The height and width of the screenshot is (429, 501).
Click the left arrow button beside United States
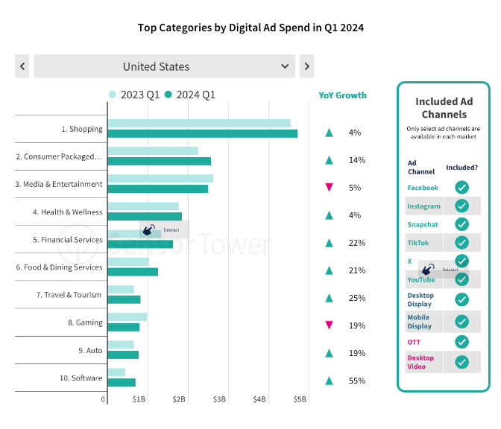click(x=22, y=66)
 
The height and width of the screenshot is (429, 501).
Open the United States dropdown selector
click(x=164, y=66)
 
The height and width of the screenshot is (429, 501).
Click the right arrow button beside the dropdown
click(x=306, y=66)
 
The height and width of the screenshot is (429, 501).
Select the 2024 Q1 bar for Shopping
click(x=202, y=134)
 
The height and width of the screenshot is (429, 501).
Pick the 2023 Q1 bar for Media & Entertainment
click(x=160, y=179)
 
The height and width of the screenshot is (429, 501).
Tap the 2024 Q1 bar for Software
click(x=122, y=382)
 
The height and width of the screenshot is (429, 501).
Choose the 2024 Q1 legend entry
click(x=190, y=95)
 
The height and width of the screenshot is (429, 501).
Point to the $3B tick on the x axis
click(x=219, y=400)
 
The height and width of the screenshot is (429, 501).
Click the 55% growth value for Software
click(x=356, y=381)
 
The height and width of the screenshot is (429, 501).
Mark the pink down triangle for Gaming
click(x=328, y=325)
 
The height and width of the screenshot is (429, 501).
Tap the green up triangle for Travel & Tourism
click(x=328, y=298)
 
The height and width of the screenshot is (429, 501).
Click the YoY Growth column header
click(x=342, y=95)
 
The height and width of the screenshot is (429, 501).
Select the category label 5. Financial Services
click(x=68, y=240)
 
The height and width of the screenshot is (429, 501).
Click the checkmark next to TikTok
click(x=461, y=243)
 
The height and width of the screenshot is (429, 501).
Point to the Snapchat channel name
click(x=423, y=224)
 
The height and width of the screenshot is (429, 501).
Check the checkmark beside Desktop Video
click(x=461, y=362)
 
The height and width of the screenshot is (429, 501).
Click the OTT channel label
click(x=414, y=343)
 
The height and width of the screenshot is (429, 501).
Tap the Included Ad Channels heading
click(x=444, y=108)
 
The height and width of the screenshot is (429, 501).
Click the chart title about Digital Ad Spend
click(x=250, y=28)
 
